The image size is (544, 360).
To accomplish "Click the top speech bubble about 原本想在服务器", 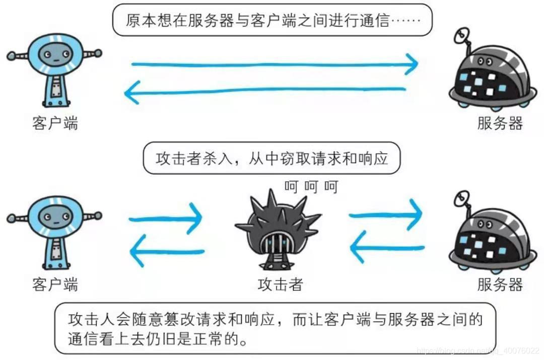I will click(x=272, y=20).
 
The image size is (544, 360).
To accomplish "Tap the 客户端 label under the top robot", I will click(x=54, y=123).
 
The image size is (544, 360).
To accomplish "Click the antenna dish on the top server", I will click(x=460, y=36).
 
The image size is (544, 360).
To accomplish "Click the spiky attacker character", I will click(x=277, y=230).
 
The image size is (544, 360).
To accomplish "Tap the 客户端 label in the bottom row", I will click(x=54, y=284).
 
